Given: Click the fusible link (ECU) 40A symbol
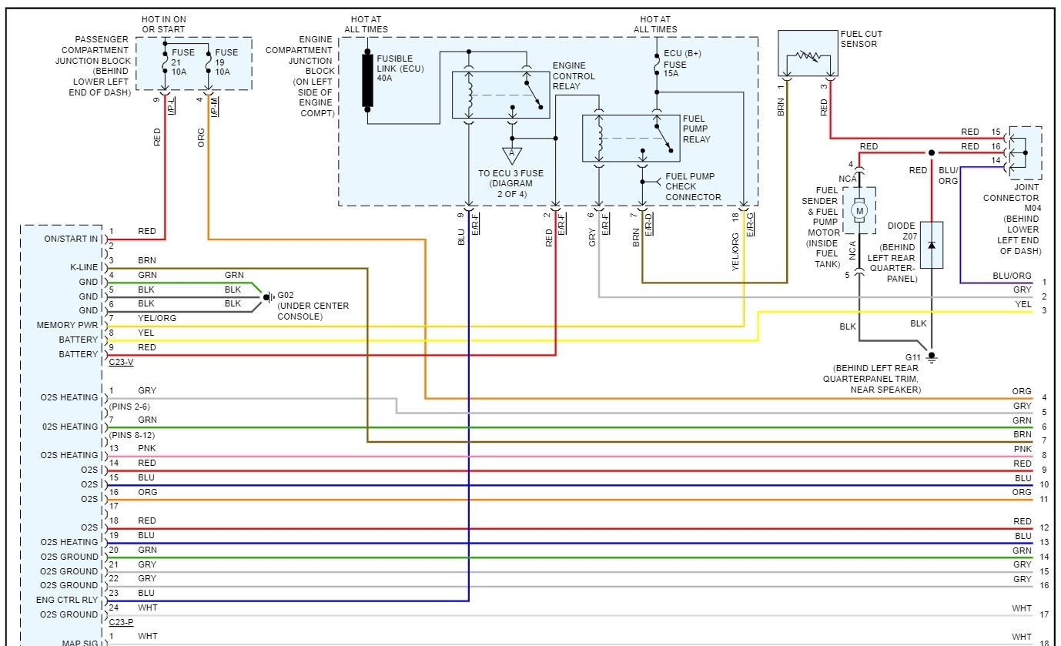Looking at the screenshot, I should click(x=368, y=79).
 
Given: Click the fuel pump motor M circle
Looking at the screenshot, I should click(x=860, y=209).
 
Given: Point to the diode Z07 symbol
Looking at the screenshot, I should click(x=932, y=245).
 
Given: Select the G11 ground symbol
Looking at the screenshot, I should click(x=932, y=356).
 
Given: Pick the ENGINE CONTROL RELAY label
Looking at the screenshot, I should click(x=574, y=76).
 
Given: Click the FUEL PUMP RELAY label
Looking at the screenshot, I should click(x=696, y=129).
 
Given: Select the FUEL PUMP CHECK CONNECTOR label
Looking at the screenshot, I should click(x=693, y=186).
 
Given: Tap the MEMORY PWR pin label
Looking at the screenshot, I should click(x=68, y=325).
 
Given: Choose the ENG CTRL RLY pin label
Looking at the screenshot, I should click(x=67, y=600).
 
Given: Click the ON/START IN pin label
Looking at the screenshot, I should click(x=72, y=239).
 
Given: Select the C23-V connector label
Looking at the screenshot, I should click(x=122, y=360).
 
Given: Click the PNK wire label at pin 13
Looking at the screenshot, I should click(x=146, y=448).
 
